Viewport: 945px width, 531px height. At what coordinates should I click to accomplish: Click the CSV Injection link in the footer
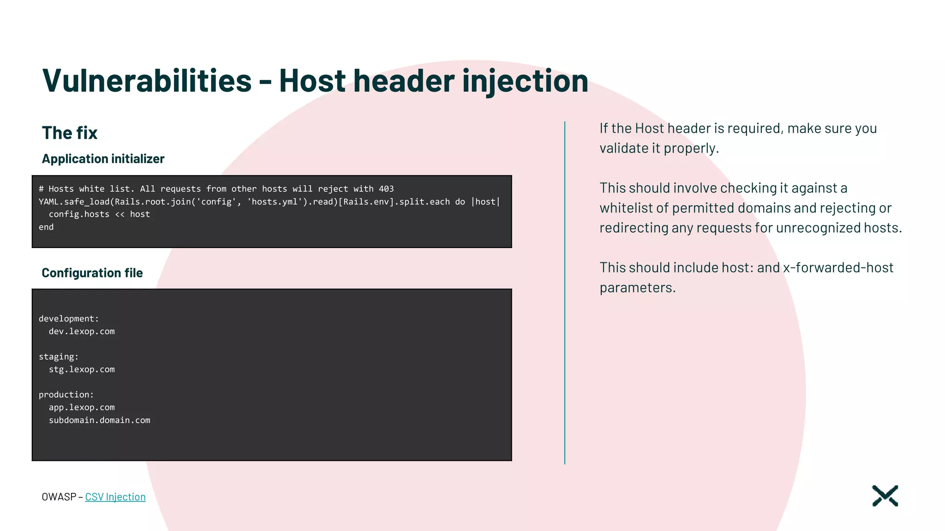115,497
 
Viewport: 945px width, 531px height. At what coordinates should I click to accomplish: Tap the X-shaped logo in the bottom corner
885,496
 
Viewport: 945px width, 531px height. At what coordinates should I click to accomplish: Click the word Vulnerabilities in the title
147,81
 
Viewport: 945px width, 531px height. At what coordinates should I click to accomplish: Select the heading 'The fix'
70,133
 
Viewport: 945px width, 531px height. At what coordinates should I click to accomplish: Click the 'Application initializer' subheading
103,159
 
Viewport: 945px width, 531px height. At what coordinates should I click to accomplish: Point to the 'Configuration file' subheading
92,273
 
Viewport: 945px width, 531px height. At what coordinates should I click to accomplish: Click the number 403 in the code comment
386,189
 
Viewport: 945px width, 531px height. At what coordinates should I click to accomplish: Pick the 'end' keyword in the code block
46,227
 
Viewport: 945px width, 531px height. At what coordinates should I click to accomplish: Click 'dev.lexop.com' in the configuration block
82,331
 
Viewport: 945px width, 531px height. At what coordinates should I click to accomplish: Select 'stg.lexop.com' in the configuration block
82,370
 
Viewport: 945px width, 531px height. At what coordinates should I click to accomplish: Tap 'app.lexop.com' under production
82,407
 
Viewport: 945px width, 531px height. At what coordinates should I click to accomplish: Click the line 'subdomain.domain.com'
99,420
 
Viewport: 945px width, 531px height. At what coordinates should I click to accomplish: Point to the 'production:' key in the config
66,395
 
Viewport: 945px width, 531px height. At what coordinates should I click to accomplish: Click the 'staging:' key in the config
59,357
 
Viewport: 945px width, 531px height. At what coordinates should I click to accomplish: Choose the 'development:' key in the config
69,319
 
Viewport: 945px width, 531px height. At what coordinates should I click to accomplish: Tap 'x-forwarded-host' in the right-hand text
838,268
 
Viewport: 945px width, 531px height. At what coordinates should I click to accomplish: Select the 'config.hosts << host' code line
99,214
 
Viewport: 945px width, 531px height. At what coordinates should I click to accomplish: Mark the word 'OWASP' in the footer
59,497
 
